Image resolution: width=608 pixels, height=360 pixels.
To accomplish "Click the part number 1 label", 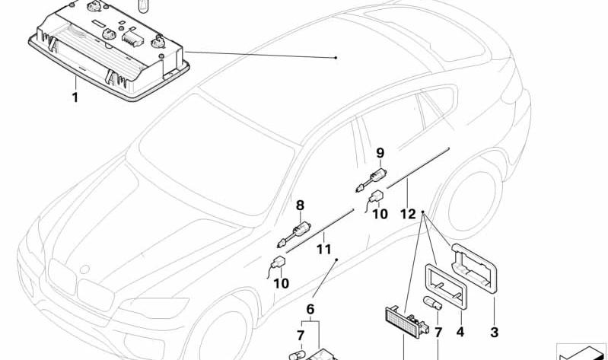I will coord(75,97).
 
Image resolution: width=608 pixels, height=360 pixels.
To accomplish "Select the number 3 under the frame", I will coord(496,332).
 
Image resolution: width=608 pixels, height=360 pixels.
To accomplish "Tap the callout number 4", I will coord(459,332).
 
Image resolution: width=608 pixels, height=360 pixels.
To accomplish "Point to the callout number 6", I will coord(310,308).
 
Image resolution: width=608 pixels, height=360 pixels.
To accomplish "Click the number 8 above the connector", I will coord(300,205).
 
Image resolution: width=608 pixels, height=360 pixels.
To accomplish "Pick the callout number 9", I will coord(380,152).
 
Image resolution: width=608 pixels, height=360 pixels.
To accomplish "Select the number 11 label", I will coord(323,249).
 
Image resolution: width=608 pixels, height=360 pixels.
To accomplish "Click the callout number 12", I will coord(408,214).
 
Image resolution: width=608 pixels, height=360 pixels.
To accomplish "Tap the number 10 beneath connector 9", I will coord(380,214).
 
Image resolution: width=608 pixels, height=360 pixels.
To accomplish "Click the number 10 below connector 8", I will coord(282,283).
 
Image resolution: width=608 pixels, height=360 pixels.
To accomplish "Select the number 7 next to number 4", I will coord(438,332).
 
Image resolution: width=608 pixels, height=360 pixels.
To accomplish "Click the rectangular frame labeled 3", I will coord(475,266).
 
